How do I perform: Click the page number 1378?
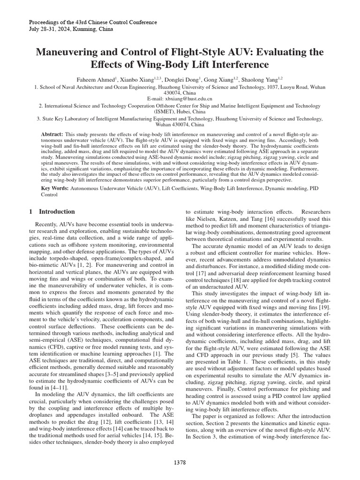[180, 463]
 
